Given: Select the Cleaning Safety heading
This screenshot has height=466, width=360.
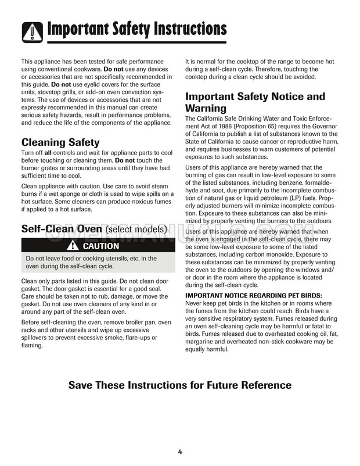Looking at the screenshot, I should click(60, 142).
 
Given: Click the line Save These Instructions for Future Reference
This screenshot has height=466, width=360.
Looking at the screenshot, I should click(180, 385).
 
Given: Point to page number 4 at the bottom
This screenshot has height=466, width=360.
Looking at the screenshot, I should click(180, 452).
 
